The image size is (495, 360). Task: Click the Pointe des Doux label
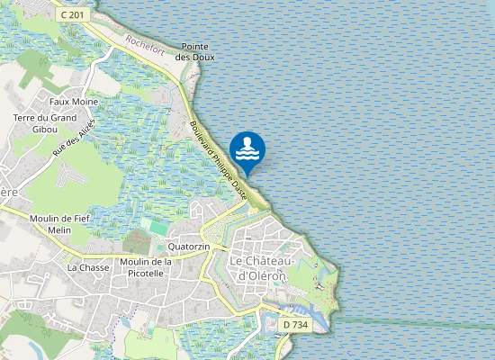tap(196, 52)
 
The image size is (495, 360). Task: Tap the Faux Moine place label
tap(74, 102)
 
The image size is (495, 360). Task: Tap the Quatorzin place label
tap(188, 246)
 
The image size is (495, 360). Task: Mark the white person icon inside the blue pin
tap(247, 144)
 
